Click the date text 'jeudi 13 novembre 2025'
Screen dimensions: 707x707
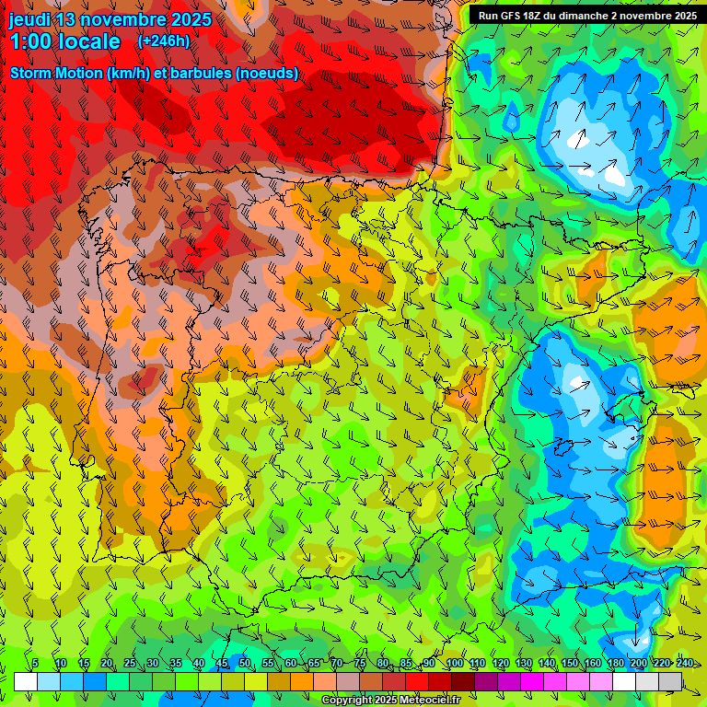(x=110, y=19)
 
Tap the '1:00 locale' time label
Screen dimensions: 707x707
(x=64, y=41)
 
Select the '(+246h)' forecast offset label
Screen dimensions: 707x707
(x=163, y=41)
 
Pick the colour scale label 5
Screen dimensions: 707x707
(x=35, y=663)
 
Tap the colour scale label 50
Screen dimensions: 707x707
(x=245, y=663)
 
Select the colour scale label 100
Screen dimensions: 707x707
(x=455, y=663)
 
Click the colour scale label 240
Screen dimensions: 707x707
(x=685, y=663)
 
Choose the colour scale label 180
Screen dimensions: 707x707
(x=616, y=663)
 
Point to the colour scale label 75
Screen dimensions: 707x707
(x=360, y=663)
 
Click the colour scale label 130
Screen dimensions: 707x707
(x=524, y=663)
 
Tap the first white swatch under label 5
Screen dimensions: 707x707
(x=26, y=681)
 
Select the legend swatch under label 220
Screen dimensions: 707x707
(x=647, y=681)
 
